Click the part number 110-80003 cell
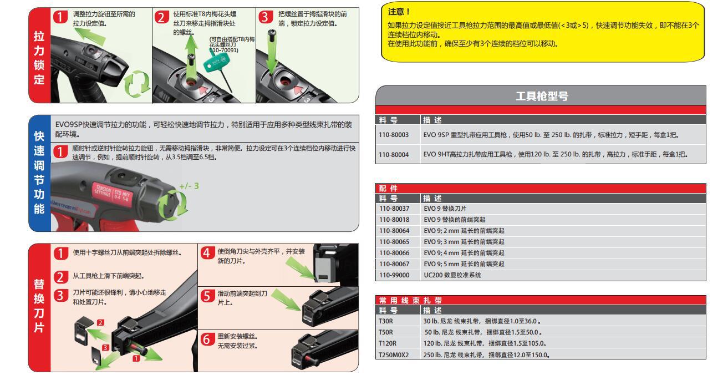click(x=394, y=135)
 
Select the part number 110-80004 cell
click(x=394, y=155)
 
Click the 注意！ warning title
click(x=397, y=12)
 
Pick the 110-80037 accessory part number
click(x=394, y=209)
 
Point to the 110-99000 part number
click(x=394, y=275)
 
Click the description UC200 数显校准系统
click(x=452, y=275)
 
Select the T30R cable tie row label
click(x=385, y=321)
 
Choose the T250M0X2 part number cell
click(x=393, y=354)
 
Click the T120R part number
click(x=387, y=343)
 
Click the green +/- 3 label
click(x=189, y=186)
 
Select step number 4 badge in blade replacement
click(x=207, y=254)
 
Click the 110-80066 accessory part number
click(x=394, y=253)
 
